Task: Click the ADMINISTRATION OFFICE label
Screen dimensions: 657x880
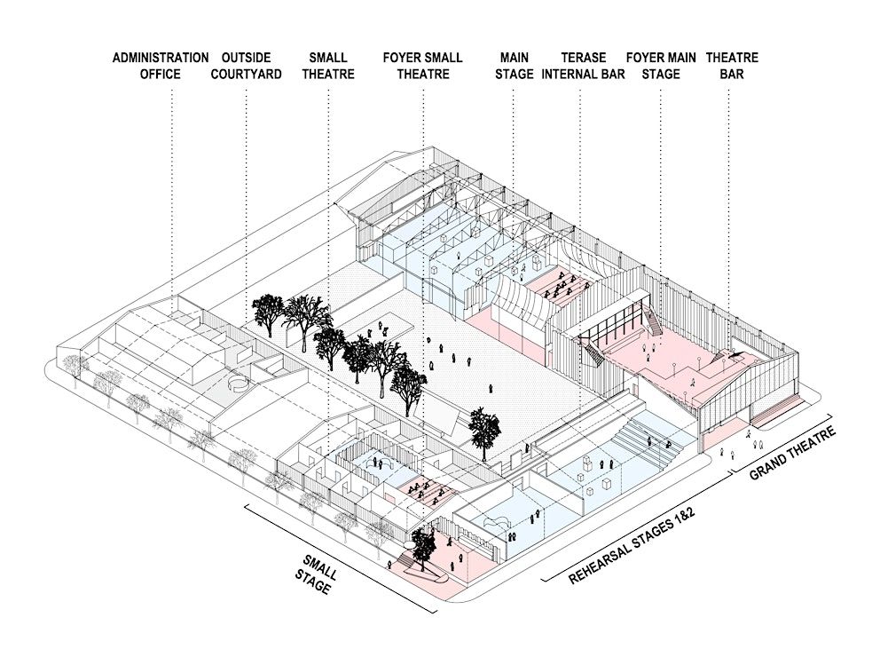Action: tap(161, 66)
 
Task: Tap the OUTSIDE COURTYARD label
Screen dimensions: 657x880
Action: tap(246, 66)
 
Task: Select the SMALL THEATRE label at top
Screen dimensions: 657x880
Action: tap(327, 66)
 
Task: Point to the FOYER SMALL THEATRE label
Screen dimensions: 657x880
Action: tap(422, 66)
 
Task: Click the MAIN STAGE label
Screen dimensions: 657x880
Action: tap(514, 66)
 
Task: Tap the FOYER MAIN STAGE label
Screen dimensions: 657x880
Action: tap(660, 66)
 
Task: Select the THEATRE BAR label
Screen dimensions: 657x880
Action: tap(732, 66)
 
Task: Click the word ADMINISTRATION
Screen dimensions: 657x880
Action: tap(161, 58)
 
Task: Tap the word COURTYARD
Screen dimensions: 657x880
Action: tap(246, 75)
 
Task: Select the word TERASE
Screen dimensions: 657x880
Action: tap(585, 58)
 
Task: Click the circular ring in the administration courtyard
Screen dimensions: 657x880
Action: tap(237, 384)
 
